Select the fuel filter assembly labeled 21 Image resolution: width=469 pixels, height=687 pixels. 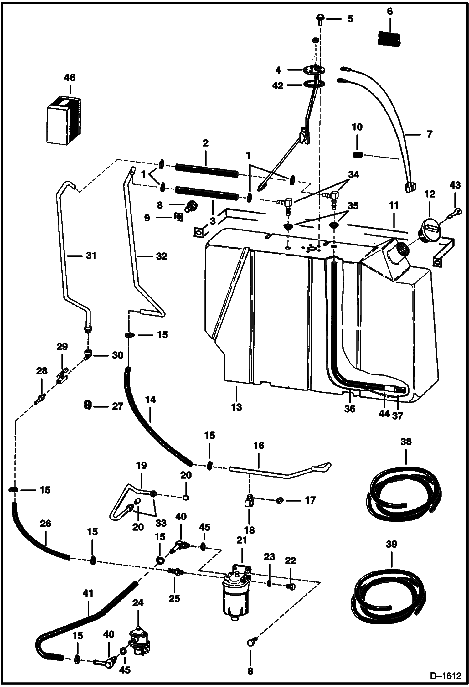pos(236,593)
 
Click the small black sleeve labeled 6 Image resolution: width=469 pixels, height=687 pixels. pos(389,38)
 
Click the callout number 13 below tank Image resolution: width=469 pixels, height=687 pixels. pos(237,407)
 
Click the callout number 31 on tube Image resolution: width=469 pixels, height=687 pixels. pos(91,256)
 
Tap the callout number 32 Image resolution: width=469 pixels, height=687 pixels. pos(162,256)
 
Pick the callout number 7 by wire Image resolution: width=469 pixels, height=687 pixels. pos(429,134)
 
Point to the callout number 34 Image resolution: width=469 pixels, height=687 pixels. pos(354,174)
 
